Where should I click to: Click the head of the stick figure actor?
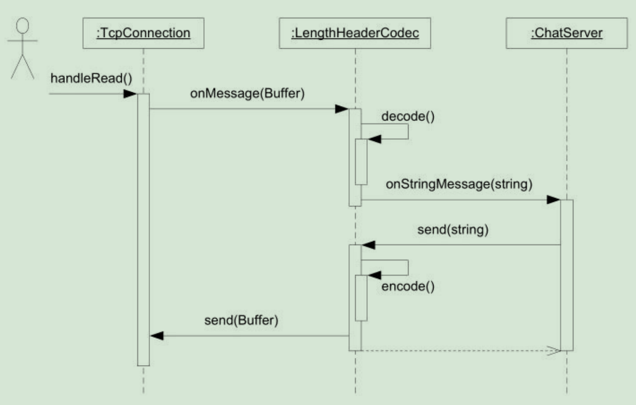22,25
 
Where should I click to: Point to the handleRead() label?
91,78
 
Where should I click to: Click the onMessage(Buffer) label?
247,94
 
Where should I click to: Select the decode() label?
408,116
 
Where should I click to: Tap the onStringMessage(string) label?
459,184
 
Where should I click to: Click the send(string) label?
453,229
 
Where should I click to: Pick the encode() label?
408,286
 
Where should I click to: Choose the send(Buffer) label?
241,320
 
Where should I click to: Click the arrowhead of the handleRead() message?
130,94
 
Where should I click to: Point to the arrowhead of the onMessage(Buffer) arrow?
341,109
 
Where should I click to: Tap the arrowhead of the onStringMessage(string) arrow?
554,200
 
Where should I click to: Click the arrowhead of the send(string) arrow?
369,245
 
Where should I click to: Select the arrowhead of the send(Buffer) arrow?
157,335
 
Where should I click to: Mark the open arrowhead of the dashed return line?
554,351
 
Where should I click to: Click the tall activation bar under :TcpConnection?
144,230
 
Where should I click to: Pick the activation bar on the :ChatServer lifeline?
567,275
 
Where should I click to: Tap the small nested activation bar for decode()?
361,162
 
